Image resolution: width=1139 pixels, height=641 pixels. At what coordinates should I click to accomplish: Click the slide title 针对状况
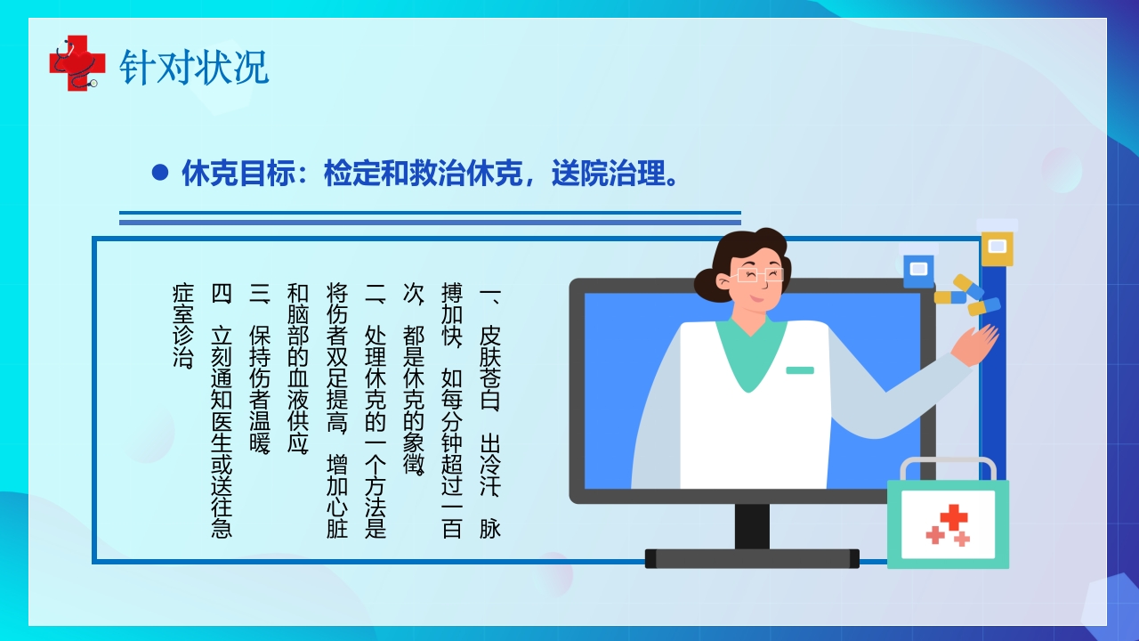(x=194, y=67)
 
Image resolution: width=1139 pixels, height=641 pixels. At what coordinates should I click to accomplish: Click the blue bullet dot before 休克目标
(x=160, y=173)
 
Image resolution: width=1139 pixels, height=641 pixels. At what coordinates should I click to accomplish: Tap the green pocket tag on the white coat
(x=799, y=369)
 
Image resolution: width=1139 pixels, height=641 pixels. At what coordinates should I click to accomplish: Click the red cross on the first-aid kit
(x=953, y=517)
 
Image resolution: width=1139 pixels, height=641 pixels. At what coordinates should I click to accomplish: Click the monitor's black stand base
(x=752, y=558)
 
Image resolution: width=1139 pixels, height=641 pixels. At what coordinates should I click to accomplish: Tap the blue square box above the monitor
(x=918, y=271)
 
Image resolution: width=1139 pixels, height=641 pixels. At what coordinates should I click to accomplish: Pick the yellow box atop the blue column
(x=997, y=247)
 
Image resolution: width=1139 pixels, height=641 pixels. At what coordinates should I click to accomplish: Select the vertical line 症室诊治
(x=183, y=326)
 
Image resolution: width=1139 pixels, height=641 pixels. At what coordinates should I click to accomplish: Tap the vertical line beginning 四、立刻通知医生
(x=222, y=410)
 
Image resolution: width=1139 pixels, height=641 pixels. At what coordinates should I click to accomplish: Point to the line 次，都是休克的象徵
(x=414, y=379)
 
